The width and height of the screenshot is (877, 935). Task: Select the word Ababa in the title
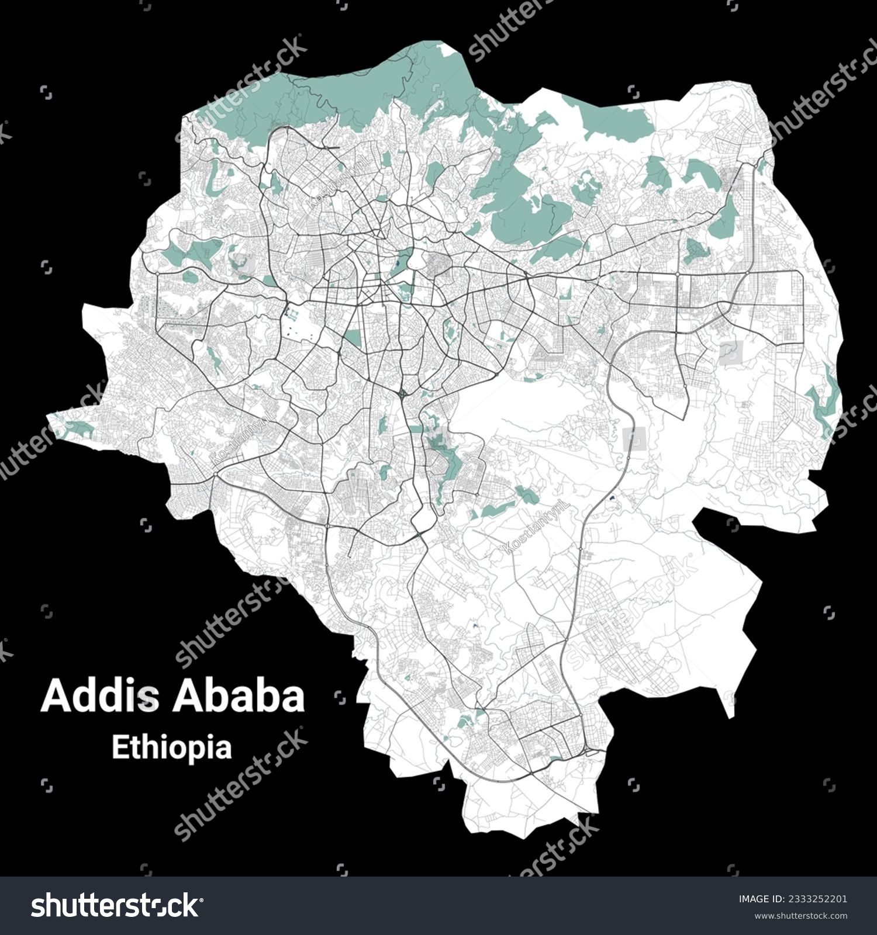tap(237, 696)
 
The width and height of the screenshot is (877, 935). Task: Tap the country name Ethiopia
tap(171, 747)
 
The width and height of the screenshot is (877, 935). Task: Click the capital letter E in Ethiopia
tap(119, 747)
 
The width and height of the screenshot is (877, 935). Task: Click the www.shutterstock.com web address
tap(792, 915)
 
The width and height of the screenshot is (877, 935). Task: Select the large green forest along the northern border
tap(351, 88)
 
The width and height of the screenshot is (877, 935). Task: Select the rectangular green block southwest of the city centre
tap(353, 338)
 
